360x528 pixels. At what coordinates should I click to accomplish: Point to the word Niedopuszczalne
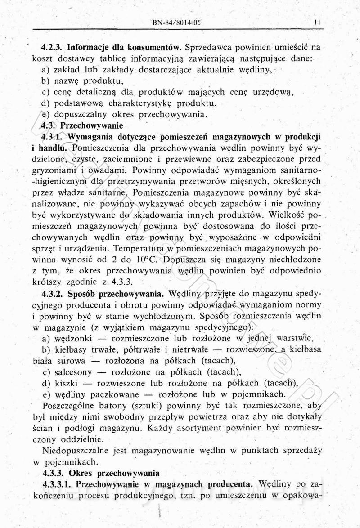75,450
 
